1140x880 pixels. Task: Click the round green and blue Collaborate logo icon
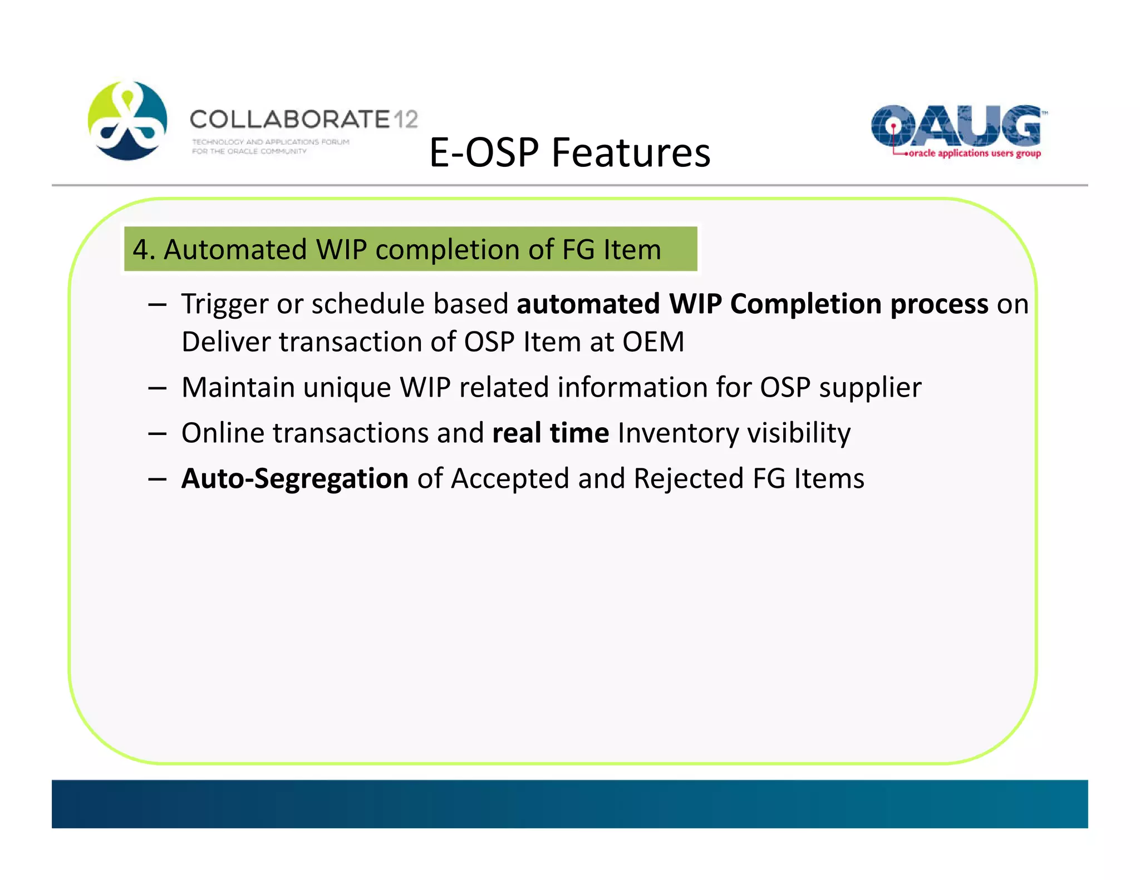pos(127,121)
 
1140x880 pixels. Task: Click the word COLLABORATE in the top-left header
pos(289,119)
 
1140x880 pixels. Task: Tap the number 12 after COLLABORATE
pos(406,119)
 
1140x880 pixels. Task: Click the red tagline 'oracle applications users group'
pos(974,153)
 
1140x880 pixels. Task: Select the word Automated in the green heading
pos(235,249)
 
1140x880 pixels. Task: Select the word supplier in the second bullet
pos(870,387)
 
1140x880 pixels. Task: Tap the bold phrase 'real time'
pos(551,433)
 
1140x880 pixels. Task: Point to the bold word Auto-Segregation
pos(295,478)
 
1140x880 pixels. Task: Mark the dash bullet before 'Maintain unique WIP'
pos(158,388)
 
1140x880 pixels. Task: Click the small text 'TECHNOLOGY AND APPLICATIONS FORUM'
pos(271,142)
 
